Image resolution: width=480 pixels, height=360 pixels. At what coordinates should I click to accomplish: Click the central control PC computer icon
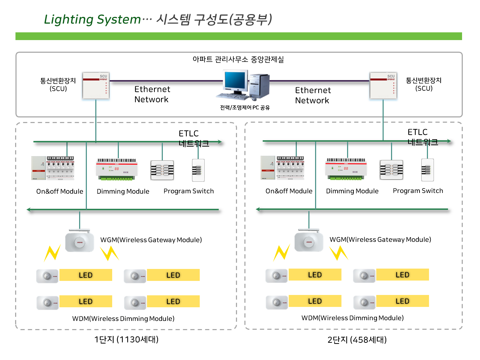243,84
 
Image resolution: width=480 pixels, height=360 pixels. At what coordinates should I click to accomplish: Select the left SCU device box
96,85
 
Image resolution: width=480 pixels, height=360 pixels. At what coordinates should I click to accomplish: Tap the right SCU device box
383,85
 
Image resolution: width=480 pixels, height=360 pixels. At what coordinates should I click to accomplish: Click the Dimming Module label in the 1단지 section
123,192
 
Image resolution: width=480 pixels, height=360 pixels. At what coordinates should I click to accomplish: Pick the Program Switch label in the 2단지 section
418,191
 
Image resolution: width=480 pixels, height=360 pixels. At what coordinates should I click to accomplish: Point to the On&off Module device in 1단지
53,168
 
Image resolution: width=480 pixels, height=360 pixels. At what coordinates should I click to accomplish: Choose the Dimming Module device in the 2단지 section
346,169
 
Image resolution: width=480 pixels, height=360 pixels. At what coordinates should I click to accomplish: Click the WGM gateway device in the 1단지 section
80,241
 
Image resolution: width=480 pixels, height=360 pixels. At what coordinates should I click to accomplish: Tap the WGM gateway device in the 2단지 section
309,241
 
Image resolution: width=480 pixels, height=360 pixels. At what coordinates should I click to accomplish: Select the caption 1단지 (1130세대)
126,340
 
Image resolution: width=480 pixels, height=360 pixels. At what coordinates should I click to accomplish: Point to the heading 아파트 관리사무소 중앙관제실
238,59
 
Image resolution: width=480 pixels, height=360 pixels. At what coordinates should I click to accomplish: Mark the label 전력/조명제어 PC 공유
245,108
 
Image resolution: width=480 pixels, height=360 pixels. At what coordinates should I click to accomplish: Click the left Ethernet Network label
152,94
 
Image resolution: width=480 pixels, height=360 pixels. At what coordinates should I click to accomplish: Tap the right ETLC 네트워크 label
422,137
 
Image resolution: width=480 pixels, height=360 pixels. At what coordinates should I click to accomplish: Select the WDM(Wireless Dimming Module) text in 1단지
123,319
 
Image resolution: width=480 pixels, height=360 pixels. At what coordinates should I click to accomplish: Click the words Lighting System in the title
92,19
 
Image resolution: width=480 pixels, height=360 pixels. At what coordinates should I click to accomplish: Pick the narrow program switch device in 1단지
198,170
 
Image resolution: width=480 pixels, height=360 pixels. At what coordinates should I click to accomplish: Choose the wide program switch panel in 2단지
391,170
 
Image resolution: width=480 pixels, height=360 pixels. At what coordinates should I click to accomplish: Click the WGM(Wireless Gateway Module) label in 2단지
380,240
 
